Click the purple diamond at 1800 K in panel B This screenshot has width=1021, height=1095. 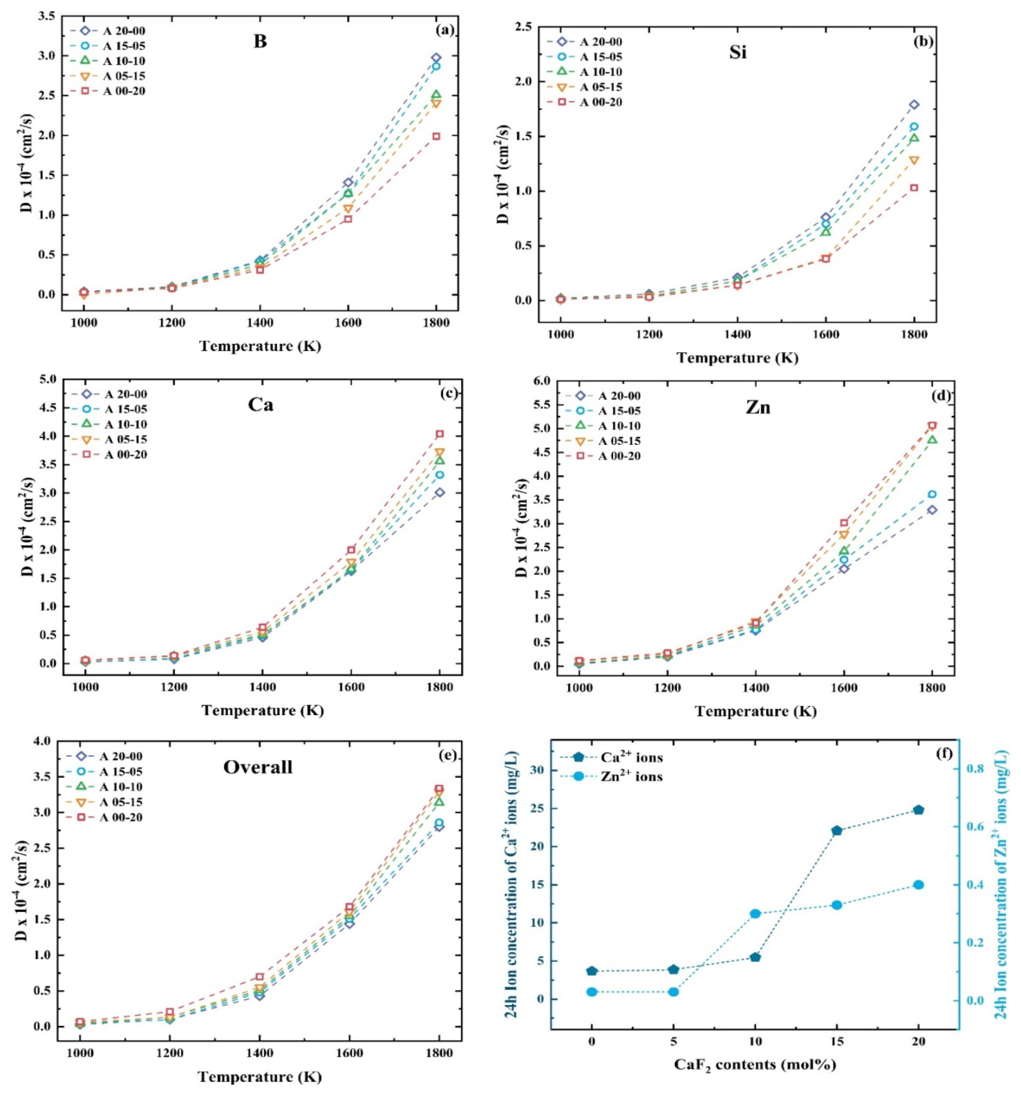[436, 58]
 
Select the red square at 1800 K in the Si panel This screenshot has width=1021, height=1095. [914, 188]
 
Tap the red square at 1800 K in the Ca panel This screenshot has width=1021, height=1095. [440, 434]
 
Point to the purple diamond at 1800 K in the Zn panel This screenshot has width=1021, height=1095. [932, 510]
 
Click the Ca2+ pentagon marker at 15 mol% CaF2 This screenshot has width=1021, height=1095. [836, 830]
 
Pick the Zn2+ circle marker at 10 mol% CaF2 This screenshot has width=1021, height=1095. [756, 913]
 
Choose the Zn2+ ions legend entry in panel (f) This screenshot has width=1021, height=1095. [612, 777]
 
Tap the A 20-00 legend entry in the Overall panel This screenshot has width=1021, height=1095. [104, 756]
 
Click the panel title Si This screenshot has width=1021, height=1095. [738, 53]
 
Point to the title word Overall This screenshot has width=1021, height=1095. [258, 767]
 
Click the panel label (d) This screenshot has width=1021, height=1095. [941, 396]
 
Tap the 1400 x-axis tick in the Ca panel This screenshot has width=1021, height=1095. [262, 687]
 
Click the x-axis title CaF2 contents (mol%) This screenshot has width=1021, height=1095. [755, 1065]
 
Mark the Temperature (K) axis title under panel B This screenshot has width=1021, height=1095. [260, 346]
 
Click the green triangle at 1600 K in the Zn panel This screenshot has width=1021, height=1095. [843, 551]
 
